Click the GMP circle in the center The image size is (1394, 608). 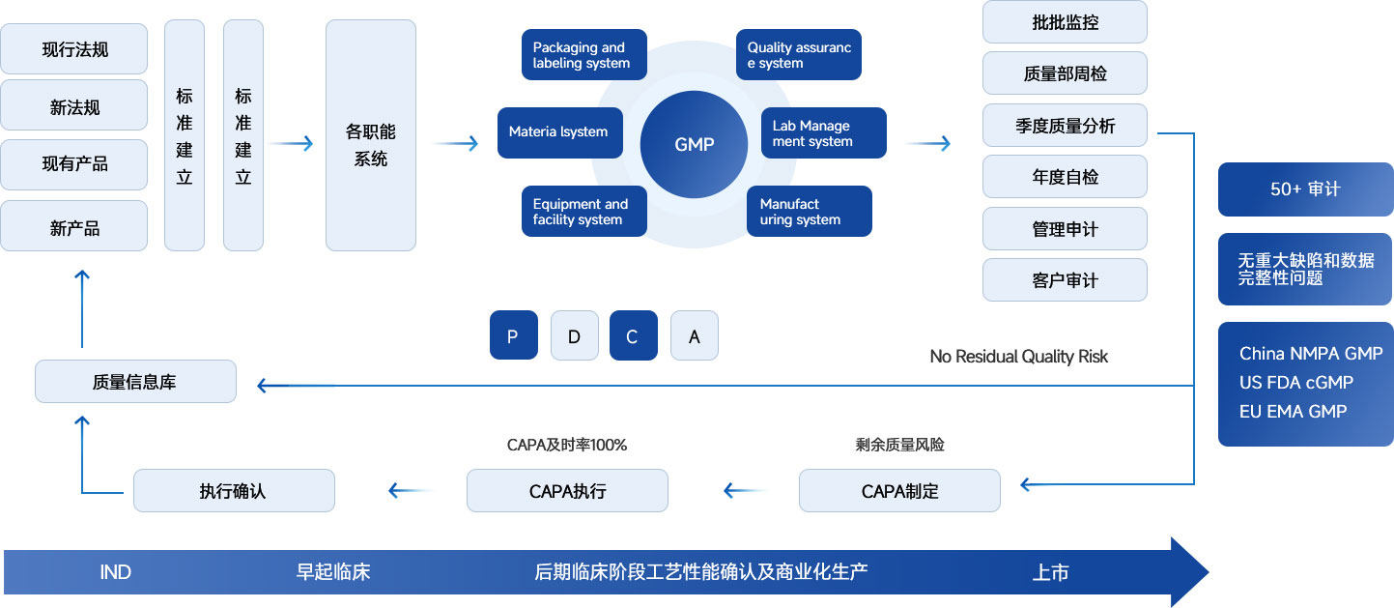click(x=694, y=145)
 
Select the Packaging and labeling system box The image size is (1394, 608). click(x=583, y=55)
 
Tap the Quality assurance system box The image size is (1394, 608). click(x=799, y=55)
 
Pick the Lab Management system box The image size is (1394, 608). click(x=823, y=132)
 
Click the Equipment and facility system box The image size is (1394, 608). click(x=583, y=211)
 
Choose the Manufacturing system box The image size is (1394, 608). click(x=809, y=211)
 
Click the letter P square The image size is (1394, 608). click(x=513, y=335)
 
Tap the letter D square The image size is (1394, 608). click(x=575, y=335)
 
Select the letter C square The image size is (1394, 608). click(x=634, y=335)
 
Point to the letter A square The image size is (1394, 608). click(x=695, y=335)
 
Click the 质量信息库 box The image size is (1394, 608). click(x=135, y=381)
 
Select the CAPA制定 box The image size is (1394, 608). click(x=900, y=491)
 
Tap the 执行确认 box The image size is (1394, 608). click(x=234, y=491)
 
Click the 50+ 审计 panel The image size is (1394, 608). click(x=1306, y=189)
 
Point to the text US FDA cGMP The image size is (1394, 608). click(x=1296, y=382)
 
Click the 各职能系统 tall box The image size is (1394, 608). click(x=371, y=135)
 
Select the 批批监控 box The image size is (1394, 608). click(x=1065, y=22)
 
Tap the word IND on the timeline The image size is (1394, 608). click(x=116, y=572)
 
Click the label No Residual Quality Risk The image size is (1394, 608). click(x=1019, y=357)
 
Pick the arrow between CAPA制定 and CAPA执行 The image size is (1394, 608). click(x=746, y=491)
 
